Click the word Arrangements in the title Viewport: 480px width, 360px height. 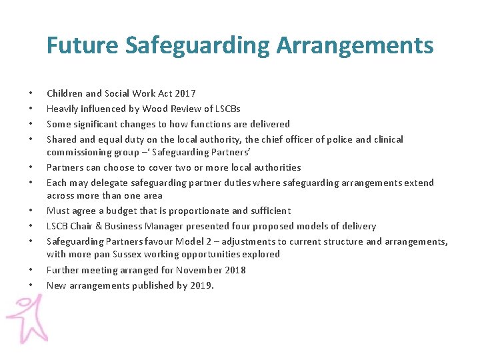355,46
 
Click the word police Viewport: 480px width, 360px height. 332,139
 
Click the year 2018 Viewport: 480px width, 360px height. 234,270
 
